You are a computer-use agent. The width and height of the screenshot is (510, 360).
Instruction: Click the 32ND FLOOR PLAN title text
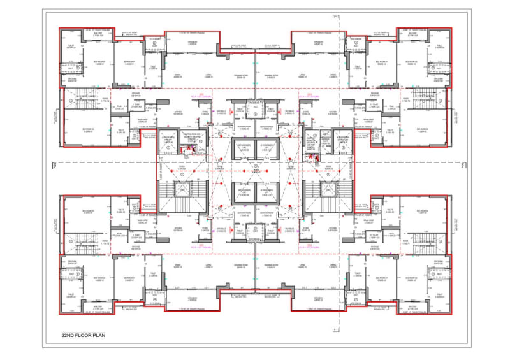click(84, 335)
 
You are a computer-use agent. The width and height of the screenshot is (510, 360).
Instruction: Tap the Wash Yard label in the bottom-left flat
click(142, 220)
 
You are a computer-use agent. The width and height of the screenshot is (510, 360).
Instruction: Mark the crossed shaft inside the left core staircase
click(182, 189)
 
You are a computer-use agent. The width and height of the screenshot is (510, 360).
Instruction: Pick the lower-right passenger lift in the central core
click(266, 192)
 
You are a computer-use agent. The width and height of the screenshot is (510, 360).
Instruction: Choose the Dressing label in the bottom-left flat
click(72, 263)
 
